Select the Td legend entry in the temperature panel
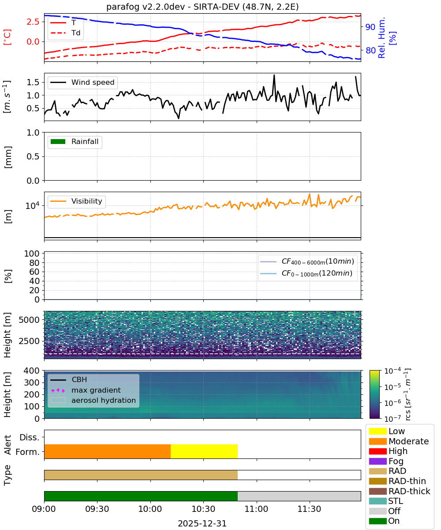tap(65, 33)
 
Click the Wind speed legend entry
tap(82, 82)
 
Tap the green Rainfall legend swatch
tap(58, 141)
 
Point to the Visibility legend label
tap(87, 201)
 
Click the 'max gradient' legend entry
tap(86, 390)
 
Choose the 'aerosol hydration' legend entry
tap(93, 400)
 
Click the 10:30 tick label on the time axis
tap(203, 509)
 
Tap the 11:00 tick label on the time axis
tap(256, 509)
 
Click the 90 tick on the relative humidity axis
tap(370, 27)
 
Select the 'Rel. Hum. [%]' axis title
tap(387, 38)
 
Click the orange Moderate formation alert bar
tap(108, 451)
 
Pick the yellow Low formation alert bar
tap(204, 451)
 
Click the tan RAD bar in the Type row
tap(141, 475)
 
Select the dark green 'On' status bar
tap(141, 496)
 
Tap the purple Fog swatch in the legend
tap(377, 461)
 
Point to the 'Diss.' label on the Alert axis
tap(30, 437)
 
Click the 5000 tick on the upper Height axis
tap(29, 320)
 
